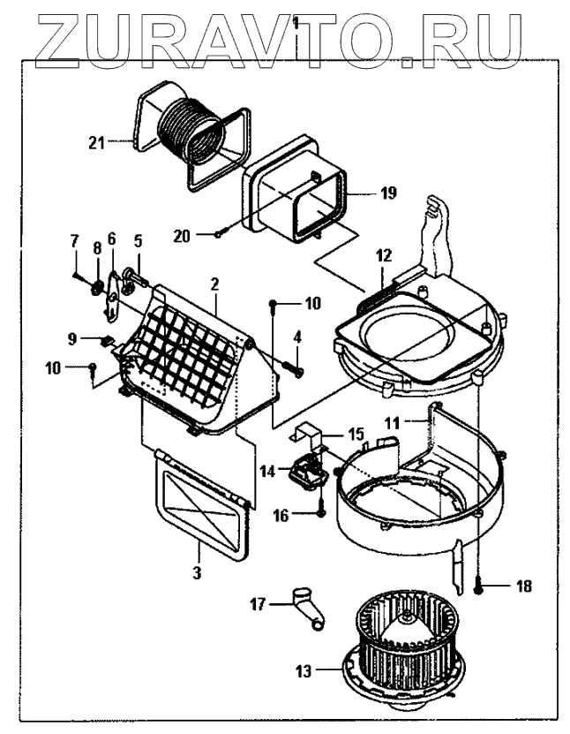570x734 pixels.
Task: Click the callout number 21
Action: [x=97, y=141]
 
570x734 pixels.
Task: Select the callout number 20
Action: [x=182, y=235]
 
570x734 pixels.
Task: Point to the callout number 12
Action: [x=383, y=255]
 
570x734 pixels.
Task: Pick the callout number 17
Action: [x=259, y=604]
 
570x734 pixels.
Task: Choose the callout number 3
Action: [x=197, y=573]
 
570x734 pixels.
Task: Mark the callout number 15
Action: [x=356, y=435]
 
